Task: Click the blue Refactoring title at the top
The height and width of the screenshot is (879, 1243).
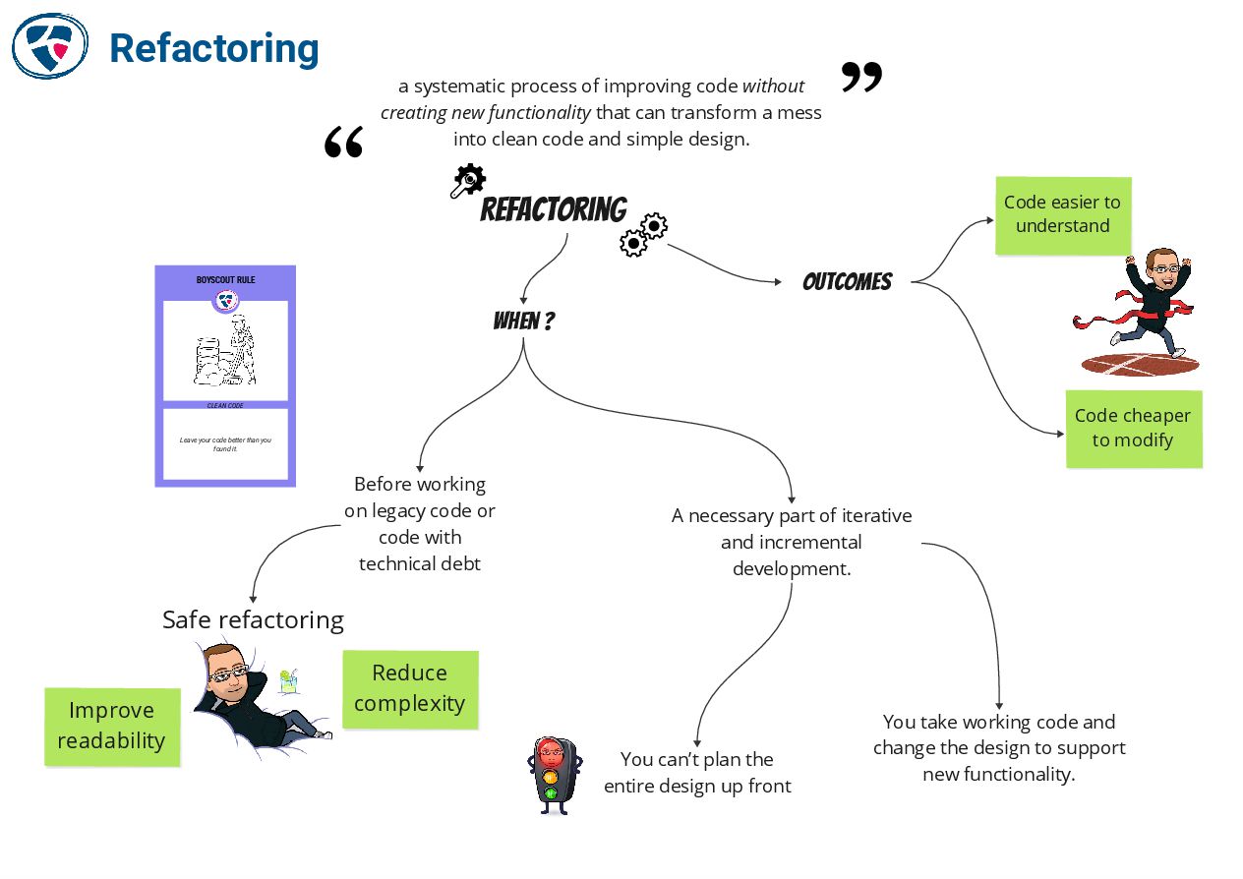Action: click(213, 47)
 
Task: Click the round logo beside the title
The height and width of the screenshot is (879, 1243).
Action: click(49, 45)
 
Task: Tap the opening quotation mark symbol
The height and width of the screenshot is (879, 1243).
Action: click(343, 142)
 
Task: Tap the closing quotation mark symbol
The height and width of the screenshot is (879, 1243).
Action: click(861, 77)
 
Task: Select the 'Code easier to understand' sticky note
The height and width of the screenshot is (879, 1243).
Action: click(1062, 214)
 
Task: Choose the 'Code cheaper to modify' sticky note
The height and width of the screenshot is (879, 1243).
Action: click(1133, 428)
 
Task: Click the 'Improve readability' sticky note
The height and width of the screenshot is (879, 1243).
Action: click(112, 726)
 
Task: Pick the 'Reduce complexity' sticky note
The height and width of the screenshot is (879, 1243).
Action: click(409, 688)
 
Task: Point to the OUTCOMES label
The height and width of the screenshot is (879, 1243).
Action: click(847, 282)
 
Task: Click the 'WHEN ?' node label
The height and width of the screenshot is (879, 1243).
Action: click(523, 322)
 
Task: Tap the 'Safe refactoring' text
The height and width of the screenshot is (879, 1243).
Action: click(253, 619)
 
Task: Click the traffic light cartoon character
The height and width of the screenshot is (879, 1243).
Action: click(553, 774)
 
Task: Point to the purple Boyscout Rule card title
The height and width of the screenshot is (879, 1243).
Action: click(225, 280)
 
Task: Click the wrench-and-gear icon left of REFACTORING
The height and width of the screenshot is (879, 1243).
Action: click(467, 181)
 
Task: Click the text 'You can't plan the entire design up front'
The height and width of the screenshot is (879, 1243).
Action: click(697, 773)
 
